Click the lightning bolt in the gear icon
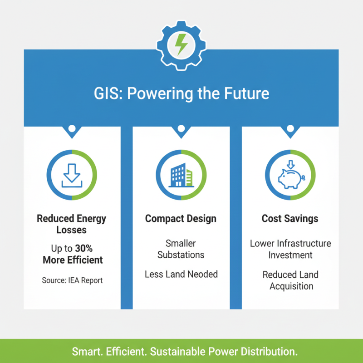(181, 44)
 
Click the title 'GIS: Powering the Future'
(181, 94)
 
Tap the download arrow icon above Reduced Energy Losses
(72, 175)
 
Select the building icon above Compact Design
(181, 175)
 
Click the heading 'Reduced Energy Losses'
(72, 224)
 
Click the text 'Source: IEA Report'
(72, 280)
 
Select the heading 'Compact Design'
(181, 219)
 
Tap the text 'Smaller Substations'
(181, 249)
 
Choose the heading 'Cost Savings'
(290, 219)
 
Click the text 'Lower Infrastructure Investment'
(290, 249)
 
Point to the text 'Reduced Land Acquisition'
(290, 280)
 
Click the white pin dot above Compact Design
(181, 129)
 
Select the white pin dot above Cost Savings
(290, 129)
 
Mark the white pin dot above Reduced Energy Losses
(72, 129)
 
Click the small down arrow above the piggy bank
(290, 162)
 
